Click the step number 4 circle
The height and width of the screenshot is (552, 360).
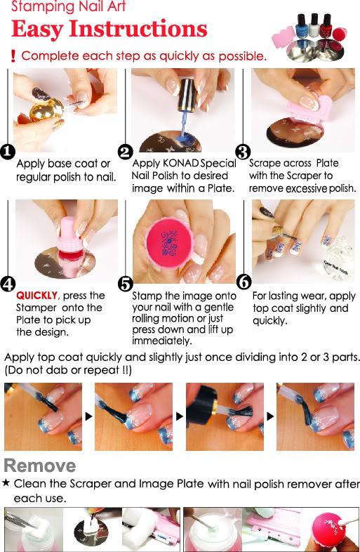click(x=8, y=284)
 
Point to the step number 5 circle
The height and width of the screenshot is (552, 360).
click(x=125, y=284)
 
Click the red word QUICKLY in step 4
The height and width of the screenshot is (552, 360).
click(x=37, y=296)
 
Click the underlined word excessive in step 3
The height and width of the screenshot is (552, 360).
click(x=306, y=189)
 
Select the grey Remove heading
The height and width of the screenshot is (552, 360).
click(x=40, y=466)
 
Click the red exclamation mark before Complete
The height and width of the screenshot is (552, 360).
click(x=13, y=56)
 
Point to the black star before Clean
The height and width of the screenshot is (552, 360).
click(x=6, y=483)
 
